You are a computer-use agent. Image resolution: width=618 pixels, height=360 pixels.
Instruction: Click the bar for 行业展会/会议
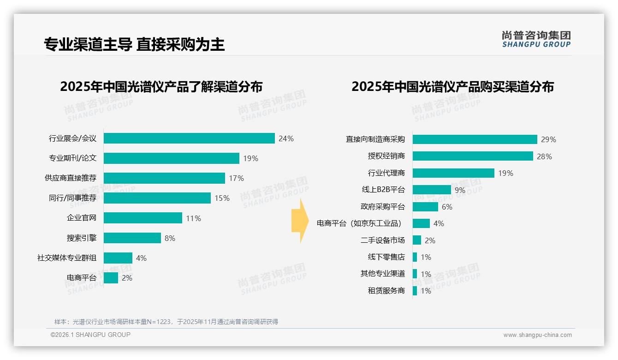pyautogui.click(x=189, y=138)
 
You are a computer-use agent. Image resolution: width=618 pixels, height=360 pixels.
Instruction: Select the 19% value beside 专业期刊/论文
pyautogui.click(x=250, y=158)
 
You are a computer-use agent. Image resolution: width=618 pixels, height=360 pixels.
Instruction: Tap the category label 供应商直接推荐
pyautogui.click(x=71, y=178)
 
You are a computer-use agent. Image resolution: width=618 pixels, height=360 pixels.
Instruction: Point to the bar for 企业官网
pyautogui.click(x=143, y=218)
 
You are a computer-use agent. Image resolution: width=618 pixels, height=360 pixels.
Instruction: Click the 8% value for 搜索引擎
pyautogui.click(x=170, y=238)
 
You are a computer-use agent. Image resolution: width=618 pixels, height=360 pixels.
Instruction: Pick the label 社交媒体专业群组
pyautogui.click(x=67, y=258)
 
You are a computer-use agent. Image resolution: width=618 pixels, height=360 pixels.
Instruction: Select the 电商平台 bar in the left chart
pyautogui.click(x=111, y=278)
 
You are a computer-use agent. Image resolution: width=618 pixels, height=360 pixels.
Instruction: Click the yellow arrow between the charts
pyautogui.click(x=300, y=221)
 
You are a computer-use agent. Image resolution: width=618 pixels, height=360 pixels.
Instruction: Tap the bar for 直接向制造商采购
pyautogui.click(x=475, y=139)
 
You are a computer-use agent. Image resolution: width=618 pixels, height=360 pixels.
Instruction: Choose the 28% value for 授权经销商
pyautogui.click(x=544, y=156)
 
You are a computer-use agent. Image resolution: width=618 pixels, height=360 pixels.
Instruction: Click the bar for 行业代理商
pyautogui.click(x=453, y=173)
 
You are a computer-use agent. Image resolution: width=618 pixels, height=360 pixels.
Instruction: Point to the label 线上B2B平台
pyautogui.click(x=383, y=190)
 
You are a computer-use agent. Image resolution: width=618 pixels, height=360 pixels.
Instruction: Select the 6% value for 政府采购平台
pyautogui.click(x=447, y=207)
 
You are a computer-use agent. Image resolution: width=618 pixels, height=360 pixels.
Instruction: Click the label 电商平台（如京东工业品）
pyautogui.click(x=360, y=223)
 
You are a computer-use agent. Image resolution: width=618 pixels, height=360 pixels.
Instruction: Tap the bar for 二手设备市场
pyautogui.click(x=417, y=240)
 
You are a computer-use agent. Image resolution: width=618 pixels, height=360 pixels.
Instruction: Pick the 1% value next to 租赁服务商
pyautogui.click(x=426, y=291)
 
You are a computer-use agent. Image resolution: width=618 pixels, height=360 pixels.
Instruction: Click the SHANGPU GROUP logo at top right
pyautogui.click(x=536, y=39)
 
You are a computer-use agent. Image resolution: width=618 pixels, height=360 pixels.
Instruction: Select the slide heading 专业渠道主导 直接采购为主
pyautogui.click(x=134, y=44)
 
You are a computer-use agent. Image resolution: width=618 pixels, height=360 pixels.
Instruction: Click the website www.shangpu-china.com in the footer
pyautogui.click(x=537, y=335)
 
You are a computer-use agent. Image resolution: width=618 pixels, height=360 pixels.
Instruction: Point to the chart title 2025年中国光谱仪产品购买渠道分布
pyautogui.click(x=452, y=87)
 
